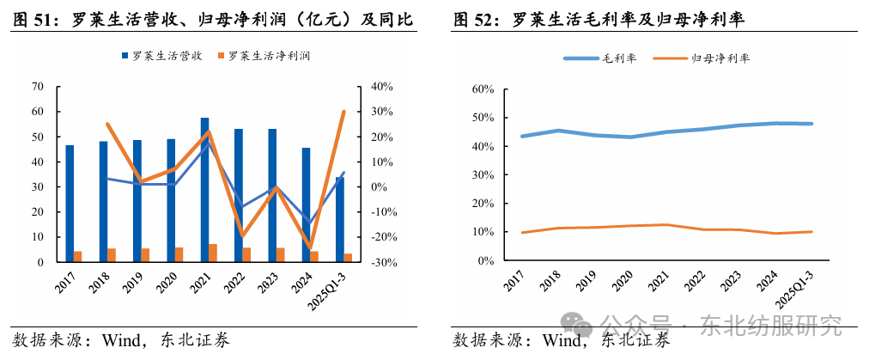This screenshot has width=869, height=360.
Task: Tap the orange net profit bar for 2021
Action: [x=213, y=253]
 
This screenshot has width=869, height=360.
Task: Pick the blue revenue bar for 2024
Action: [x=306, y=204]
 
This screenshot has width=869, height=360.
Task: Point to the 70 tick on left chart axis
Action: [x=37, y=87]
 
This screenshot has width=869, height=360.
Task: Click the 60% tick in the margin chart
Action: [x=482, y=89]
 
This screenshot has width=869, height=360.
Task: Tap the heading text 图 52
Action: [x=471, y=16]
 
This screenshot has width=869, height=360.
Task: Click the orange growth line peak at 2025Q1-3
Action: [x=343, y=112]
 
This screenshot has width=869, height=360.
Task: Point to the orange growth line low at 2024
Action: [x=310, y=248]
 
